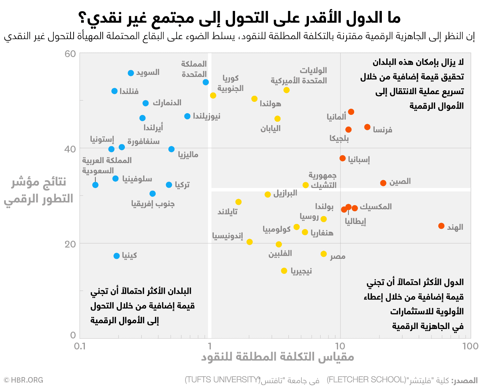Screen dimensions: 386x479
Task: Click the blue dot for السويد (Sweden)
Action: pyautogui.click(x=131, y=73)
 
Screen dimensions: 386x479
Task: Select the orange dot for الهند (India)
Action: pyautogui.click(x=441, y=226)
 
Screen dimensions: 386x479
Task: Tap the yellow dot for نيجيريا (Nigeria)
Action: pyautogui.click(x=284, y=271)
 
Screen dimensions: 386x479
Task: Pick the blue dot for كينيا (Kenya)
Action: pyautogui.click(x=117, y=256)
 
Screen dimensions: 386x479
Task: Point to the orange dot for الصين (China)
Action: pyautogui.click(x=383, y=183)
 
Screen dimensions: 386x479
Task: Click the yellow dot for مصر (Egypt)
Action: pyautogui.click(x=324, y=254)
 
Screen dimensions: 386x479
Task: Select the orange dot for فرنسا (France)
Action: pyautogui.click(x=367, y=127)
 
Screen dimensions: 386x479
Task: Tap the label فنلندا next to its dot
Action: pyautogui.click(x=129, y=91)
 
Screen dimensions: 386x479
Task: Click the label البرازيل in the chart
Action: pyautogui.click(x=285, y=193)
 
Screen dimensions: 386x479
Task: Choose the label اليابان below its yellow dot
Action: pyautogui.click(x=270, y=129)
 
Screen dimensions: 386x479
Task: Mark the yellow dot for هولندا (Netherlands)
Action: pyautogui.click(x=254, y=99)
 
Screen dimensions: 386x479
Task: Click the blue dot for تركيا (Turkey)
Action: pyautogui.click(x=169, y=185)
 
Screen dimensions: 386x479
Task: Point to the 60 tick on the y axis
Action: pyautogui.click(x=70, y=54)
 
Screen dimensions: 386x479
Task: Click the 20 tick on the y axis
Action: pyautogui.click(x=70, y=244)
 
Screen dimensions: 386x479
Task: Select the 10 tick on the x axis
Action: pyautogui.click(x=340, y=346)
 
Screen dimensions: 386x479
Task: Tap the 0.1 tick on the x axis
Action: pyautogui.click(x=80, y=346)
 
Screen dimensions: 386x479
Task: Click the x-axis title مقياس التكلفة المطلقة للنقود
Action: pyautogui.click(x=277, y=357)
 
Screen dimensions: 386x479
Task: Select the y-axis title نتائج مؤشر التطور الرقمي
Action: pyautogui.click(x=39, y=190)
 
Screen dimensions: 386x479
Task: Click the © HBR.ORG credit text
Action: pyautogui.click(x=23, y=380)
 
